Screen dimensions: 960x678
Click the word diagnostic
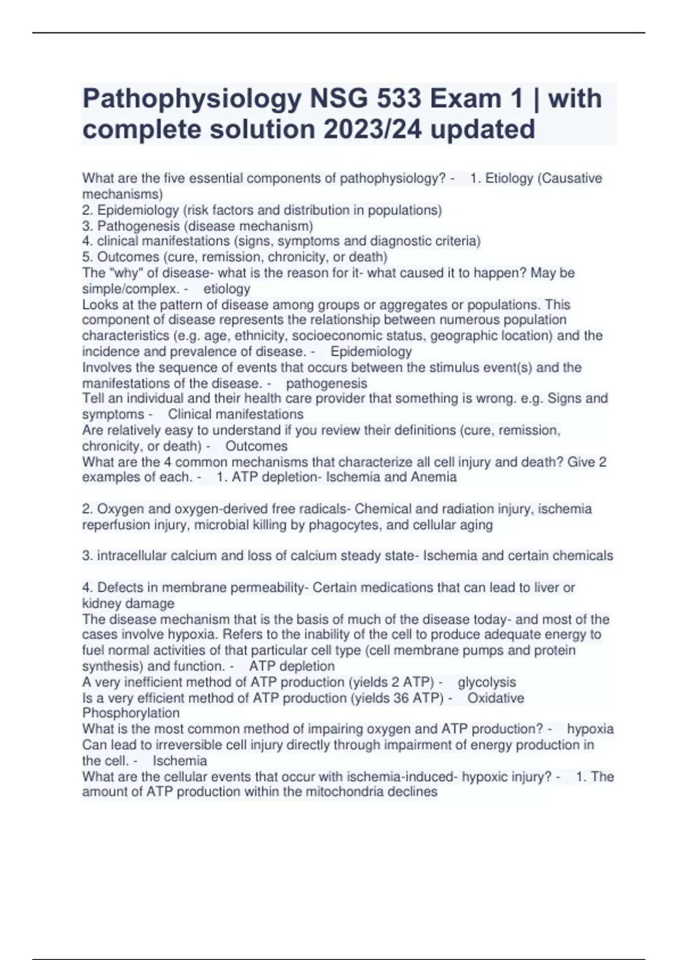coord(401,241)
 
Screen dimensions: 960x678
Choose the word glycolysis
coord(486,682)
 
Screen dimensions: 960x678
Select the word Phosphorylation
coord(131,713)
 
